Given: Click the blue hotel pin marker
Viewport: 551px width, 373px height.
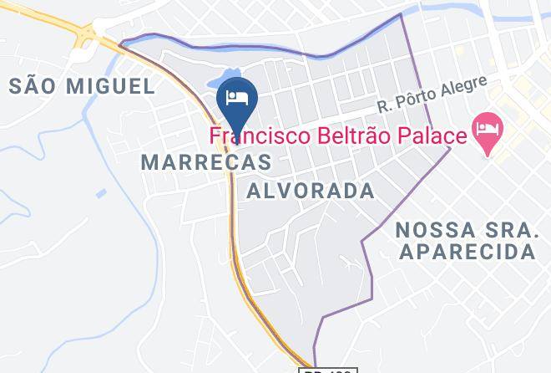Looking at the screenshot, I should (x=236, y=99).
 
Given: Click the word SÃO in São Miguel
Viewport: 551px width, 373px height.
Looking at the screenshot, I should (x=35, y=84).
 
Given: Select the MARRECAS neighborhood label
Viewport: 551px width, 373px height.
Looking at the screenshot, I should (x=207, y=161).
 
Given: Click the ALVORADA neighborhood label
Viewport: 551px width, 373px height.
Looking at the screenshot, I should (x=311, y=191).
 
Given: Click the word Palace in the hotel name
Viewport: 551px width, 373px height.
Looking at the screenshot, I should (x=425, y=134).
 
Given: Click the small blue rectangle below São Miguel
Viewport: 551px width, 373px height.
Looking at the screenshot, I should (x=101, y=193).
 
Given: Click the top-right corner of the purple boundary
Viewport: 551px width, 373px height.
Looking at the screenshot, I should (x=402, y=14).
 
